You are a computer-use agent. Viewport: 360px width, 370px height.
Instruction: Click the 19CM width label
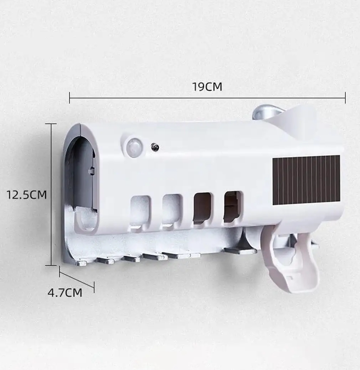(207, 87)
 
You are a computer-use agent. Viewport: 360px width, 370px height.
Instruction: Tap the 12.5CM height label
(26, 195)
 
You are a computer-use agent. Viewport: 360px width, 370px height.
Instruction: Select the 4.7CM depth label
(65, 293)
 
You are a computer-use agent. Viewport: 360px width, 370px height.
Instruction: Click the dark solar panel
(306, 180)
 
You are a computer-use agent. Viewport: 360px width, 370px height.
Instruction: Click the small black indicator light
(155, 147)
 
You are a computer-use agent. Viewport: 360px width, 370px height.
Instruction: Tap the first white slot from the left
(140, 212)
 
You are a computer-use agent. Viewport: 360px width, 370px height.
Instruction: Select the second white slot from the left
(172, 211)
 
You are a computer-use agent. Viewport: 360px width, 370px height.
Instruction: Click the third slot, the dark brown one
(202, 208)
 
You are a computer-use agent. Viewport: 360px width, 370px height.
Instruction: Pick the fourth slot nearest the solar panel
(232, 207)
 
